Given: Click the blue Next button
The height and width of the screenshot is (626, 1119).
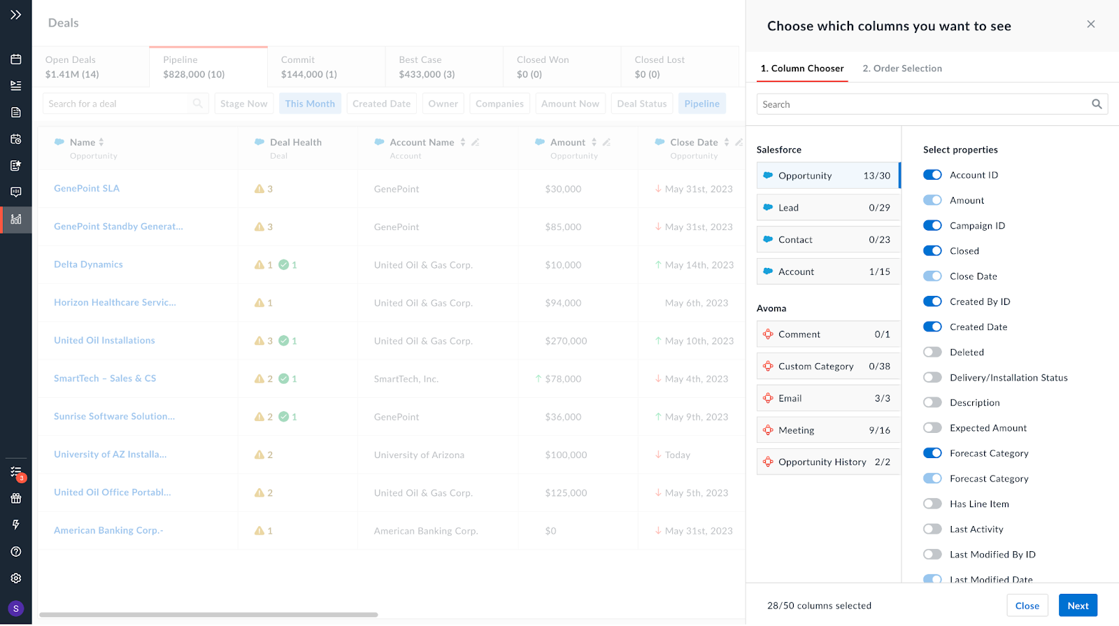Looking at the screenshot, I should (1077, 606).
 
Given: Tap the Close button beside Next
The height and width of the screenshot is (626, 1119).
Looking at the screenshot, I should (1027, 606).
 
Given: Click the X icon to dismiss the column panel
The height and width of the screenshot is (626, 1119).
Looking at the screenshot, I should (1090, 24).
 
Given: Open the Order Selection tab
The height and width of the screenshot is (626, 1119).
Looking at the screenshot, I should (901, 69).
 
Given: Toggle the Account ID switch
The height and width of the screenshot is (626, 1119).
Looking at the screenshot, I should (932, 175).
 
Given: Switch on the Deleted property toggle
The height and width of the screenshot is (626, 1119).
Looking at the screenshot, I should (932, 353).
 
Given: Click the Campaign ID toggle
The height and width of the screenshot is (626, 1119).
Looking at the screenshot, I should (932, 226).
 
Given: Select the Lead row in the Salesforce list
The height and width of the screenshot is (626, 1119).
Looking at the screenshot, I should (828, 208).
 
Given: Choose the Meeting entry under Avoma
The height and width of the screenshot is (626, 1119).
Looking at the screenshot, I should (828, 430).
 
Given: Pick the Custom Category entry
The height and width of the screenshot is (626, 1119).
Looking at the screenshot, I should (828, 367).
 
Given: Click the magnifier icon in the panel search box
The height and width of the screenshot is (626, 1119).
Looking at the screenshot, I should (1097, 104).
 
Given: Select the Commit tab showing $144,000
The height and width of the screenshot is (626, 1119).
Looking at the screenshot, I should (326, 67).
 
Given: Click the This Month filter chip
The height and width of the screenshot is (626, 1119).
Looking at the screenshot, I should (310, 104).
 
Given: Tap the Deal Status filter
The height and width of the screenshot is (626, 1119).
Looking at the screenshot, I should (641, 104).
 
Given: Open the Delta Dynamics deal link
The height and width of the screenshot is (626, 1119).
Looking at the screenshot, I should (88, 264).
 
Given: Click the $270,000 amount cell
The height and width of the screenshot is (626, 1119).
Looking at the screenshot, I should (566, 341).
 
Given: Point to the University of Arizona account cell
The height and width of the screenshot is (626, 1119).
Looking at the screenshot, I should (419, 455).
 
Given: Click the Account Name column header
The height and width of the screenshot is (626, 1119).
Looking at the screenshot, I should (422, 143).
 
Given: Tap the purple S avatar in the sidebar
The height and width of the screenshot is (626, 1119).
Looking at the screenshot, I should (16, 609).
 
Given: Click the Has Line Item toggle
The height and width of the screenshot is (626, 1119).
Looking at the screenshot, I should (932, 504).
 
